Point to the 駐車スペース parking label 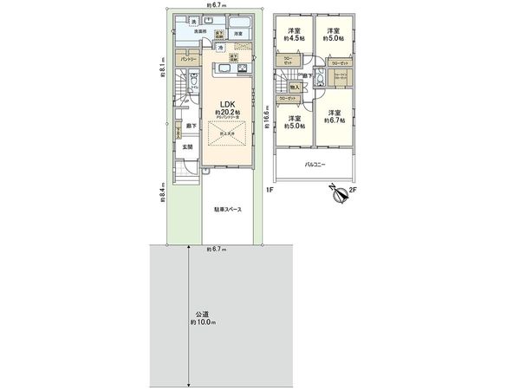[228, 210]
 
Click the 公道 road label [200, 314]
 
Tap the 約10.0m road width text [201, 322]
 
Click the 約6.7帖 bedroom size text [335, 120]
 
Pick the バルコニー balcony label [315, 163]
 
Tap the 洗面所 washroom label [200, 32]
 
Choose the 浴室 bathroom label [237, 33]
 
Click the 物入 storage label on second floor [295, 88]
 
